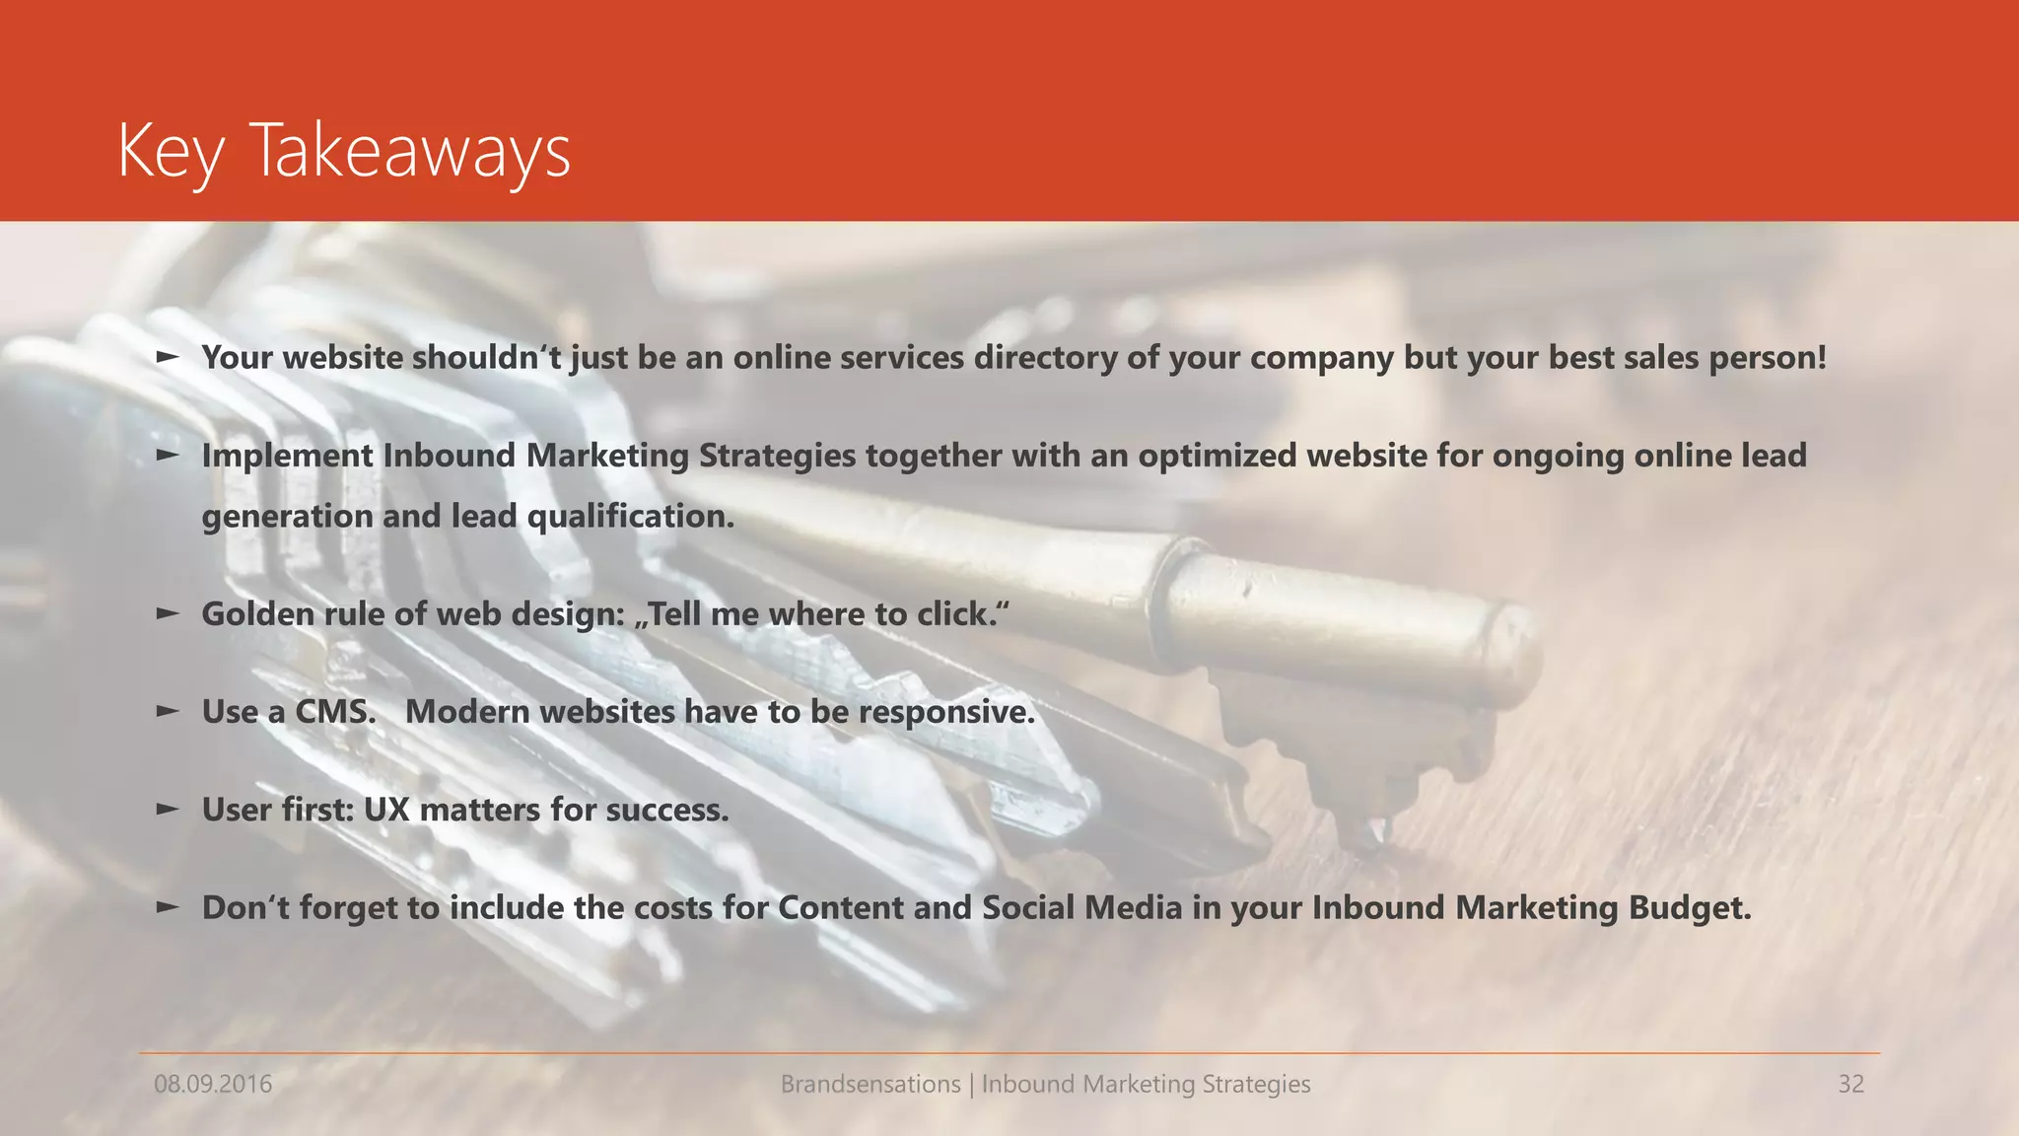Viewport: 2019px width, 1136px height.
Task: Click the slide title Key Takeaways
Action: click(x=344, y=152)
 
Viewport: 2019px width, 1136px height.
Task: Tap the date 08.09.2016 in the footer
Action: click(x=213, y=1085)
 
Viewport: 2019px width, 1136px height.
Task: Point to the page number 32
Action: click(x=1850, y=1085)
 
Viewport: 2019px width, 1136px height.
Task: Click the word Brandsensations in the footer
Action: click(x=870, y=1085)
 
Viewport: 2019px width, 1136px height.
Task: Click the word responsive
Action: click(x=946, y=712)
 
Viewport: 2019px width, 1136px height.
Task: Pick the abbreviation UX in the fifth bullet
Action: click(x=386, y=810)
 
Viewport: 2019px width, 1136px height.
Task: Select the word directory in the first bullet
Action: click(x=1045, y=357)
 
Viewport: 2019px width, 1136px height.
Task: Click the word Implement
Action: click(x=287, y=457)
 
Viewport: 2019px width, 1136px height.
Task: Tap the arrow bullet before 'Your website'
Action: click(x=169, y=356)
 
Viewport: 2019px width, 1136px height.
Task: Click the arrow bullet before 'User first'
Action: click(x=169, y=809)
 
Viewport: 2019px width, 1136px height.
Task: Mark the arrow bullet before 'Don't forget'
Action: click(x=169, y=906)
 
